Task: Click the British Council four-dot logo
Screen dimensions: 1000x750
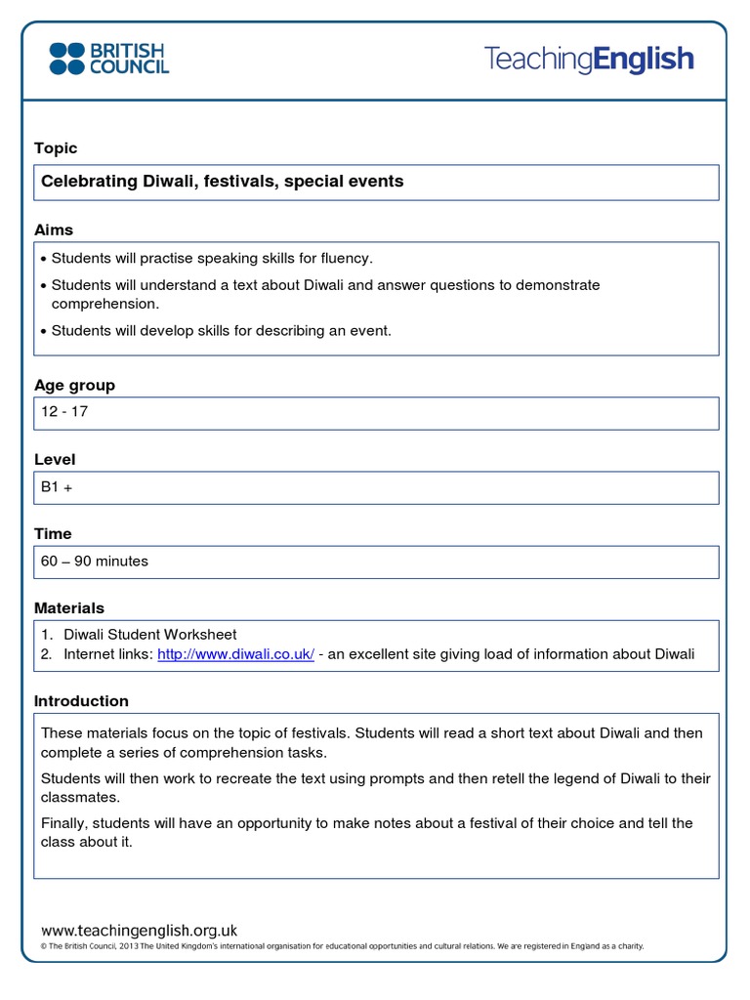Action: click(x=67, y=59)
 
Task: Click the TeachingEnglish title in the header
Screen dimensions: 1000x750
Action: click(x=589, y=60)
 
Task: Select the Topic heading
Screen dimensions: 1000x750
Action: click(x=56, y=148)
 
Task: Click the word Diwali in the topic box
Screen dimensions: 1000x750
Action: click(x=169, y=182)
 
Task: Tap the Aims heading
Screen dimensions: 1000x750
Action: click(x=54, y=230)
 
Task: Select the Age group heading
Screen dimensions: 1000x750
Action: click(x=74, y=386)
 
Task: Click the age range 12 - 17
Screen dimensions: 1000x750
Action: click(x=64, y=412)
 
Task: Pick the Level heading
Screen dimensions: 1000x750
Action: click(x=55, y=460)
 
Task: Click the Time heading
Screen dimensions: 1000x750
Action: click(x=53, y=534)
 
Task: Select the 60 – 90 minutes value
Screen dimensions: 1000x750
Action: click(x=95, y=562)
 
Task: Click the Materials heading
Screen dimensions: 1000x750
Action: click(x=69, y=608)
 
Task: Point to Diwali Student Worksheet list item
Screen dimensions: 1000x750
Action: click(x=150, y=635)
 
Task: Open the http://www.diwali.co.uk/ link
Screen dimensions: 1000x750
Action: click(x=235, y=654)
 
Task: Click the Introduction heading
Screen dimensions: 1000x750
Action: click(x=81, y=701)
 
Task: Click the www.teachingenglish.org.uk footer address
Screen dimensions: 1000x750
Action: click(x=140, y=931)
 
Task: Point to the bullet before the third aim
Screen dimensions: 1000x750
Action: click(x=44, y=332)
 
